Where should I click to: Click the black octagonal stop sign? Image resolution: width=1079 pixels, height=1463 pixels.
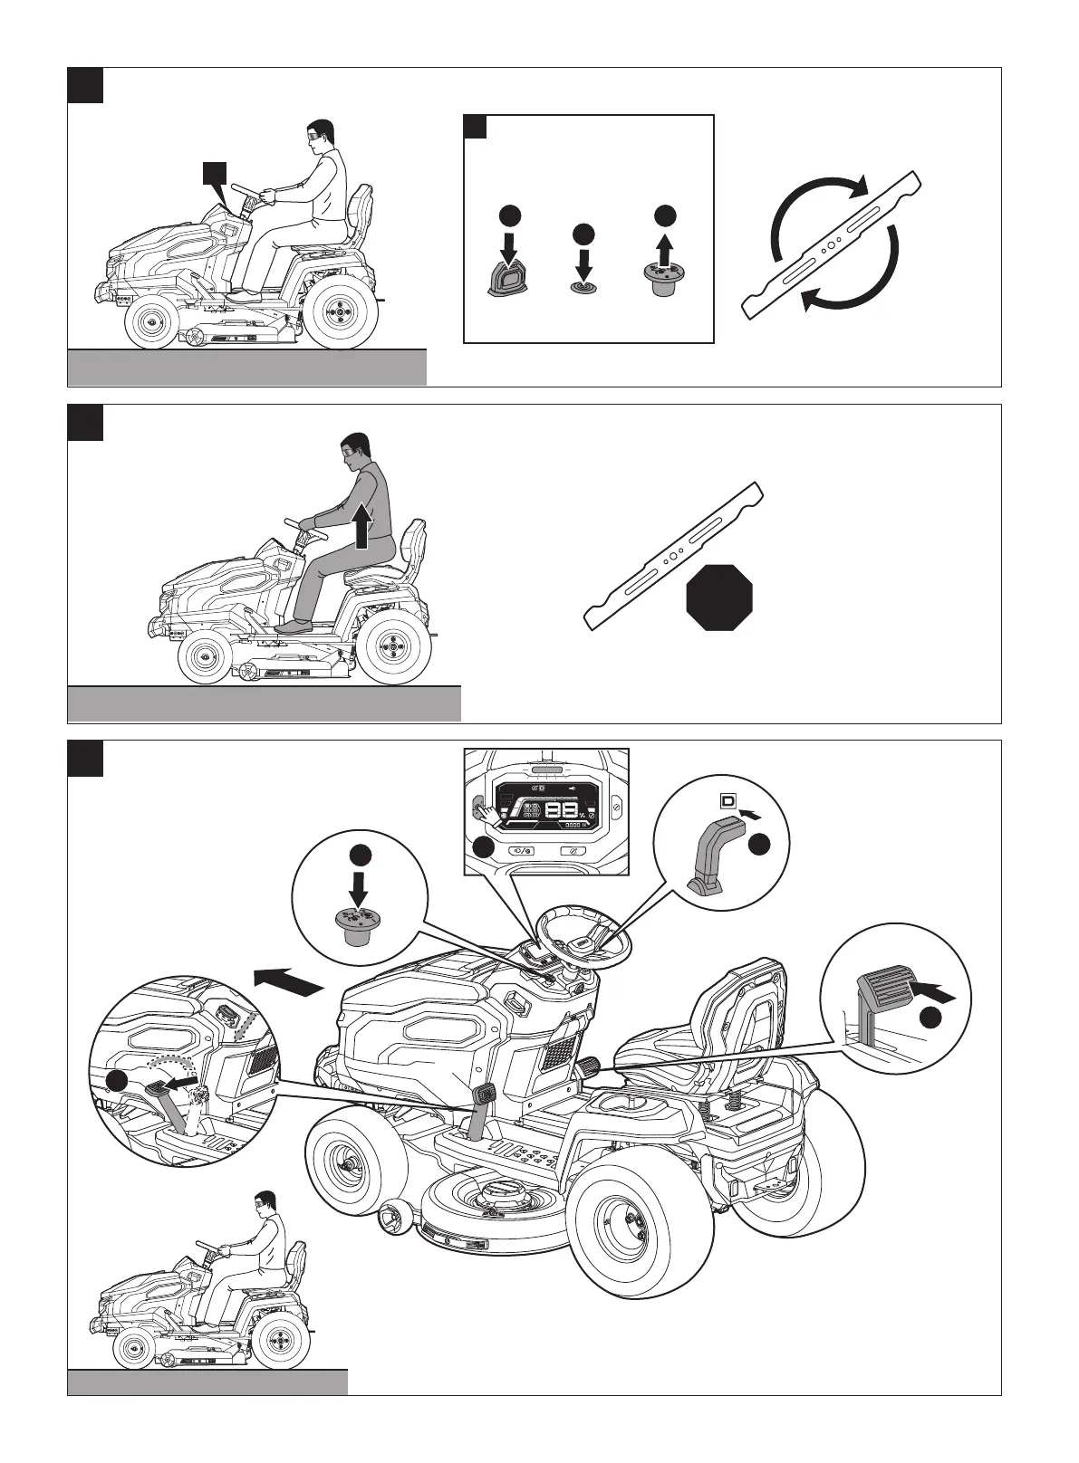719,598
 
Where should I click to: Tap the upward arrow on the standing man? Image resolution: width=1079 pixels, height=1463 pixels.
362,526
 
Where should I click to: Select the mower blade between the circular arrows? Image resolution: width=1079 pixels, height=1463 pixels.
833,244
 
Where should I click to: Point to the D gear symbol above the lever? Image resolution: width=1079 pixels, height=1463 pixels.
727,800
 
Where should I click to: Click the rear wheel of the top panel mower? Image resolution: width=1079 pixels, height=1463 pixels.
340,314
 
